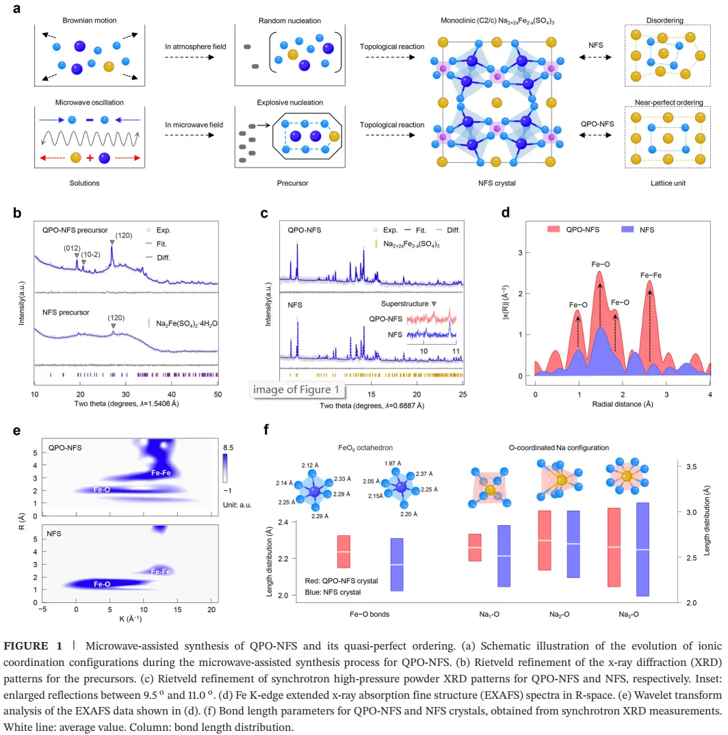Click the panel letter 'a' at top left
tap(17, 9)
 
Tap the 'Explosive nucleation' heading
tap(289, 103)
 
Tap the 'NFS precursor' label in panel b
tap(66, 312)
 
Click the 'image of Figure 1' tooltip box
tap(296, 390)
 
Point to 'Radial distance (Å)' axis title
tap(622, 404)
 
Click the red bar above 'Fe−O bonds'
tap(343, 551)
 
